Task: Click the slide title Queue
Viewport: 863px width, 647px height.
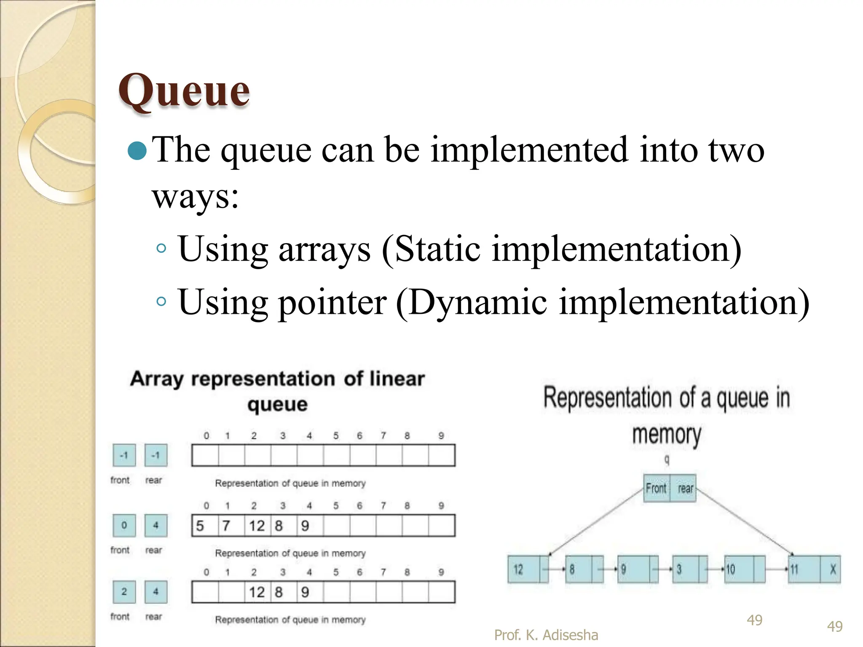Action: pos(184,90)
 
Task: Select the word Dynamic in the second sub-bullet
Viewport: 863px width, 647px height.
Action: pos(478,302)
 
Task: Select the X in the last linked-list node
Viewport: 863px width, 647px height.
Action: pos(833,569)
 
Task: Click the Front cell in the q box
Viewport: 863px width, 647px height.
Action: pos(656,488)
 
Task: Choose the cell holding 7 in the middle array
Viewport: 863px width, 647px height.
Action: pos(230,526)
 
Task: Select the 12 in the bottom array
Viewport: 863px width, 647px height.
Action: pos(257,592)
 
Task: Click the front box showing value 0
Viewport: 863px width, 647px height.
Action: pos(124,525)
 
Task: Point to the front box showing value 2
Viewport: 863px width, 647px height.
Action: pos(124,592)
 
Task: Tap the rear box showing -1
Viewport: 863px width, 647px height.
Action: pos(155,455)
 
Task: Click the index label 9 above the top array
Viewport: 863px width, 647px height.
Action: pos(441,436)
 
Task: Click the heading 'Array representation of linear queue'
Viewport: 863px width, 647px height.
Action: pos(277,390)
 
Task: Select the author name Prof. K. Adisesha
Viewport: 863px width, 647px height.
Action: pos(546,635)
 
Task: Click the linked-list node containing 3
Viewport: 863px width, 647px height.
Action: pos(684,569)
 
